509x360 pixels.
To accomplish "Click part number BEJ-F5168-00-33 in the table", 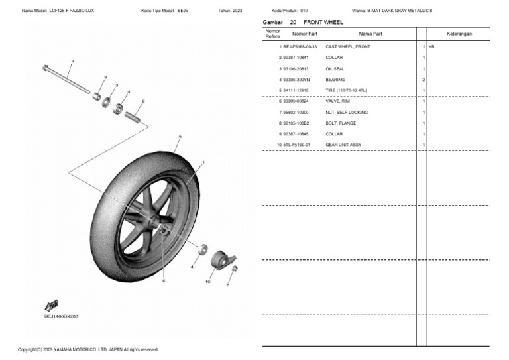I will coord(300,47).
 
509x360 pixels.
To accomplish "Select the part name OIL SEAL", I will coord(335,69).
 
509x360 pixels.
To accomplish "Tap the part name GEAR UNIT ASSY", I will coord(343,145).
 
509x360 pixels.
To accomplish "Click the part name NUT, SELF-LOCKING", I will coord(346,112).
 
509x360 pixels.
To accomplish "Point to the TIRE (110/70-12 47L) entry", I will coord(345,90).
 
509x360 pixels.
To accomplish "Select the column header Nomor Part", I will coord(305,33).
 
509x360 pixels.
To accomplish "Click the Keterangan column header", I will coord(459,33).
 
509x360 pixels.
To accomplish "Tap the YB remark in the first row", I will coord(431,47).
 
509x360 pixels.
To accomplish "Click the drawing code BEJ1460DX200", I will coord(61,316).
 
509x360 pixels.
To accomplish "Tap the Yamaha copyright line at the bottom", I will coord(87,349).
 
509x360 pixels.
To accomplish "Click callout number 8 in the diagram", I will coord(72,61).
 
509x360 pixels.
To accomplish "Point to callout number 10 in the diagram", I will coord(207,282).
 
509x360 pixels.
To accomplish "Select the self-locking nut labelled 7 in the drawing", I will coord(235,269).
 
